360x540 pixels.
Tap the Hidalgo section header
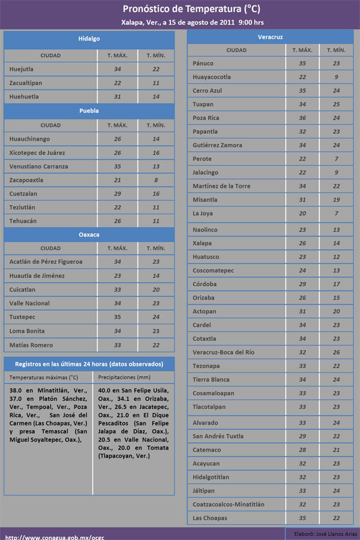pyautogui.click(x=89, y=39)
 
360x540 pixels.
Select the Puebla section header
pyautogui.click(x=89, y=111)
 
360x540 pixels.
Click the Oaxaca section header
pyautogui.click(x=89, y=234)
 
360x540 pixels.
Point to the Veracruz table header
pyautogui.click(x=270, y=37)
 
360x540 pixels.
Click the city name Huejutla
pyautogui.click(x=22, y=70)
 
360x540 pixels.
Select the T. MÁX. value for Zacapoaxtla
pyautogui.click(x=118, y=180)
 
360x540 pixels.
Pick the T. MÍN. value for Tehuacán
pyautogui.click(x=156, y=221)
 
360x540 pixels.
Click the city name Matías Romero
pyautogui.click(x=31, y=345)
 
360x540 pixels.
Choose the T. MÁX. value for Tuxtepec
pyautogui.click(x=118, y=317)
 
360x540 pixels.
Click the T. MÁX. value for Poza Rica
pyautogui.click(x=302, y=118)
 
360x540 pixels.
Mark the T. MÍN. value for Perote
pyautogui.click(x=337, y=159)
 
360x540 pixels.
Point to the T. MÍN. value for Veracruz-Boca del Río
pyautogui.click(x=337, y=352)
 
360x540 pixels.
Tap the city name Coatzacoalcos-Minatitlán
pyautogui.click(x=229, y=505)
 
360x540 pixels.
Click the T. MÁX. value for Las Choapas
pyautogui.click(x=302, y=518)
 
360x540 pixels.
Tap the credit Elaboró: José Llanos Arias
pyautogui.click(x=325, y=534)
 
